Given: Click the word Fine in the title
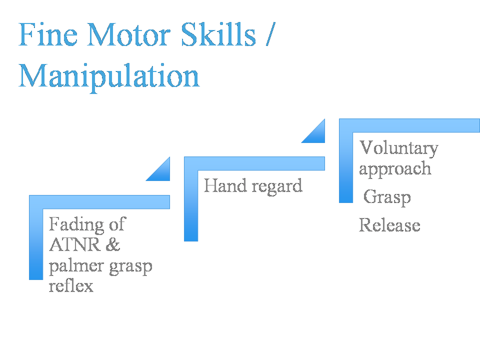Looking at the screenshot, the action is (x=48, y=34).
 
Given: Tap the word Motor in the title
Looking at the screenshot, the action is (x=128, y=34).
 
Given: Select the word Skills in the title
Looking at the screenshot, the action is (x=218, y=34).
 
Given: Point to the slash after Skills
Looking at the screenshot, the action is (x=271, y=34).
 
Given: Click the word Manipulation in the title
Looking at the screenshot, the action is (x=109, y=76).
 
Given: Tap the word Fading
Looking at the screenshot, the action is (x=76, y=224).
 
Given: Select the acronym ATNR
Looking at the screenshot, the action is (x=74, y=244).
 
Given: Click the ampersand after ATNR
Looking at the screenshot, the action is (x=113, y=244).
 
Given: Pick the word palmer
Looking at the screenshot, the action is (x=76, y=266).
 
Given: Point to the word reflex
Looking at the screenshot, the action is (x=71, y=285).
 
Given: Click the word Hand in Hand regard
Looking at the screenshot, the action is (x=225, y=185).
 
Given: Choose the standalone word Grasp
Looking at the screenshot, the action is (x=387, y=197).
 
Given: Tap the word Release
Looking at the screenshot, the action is (x=389, y=225).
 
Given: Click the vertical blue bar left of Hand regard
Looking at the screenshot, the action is (x=191, y=205).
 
